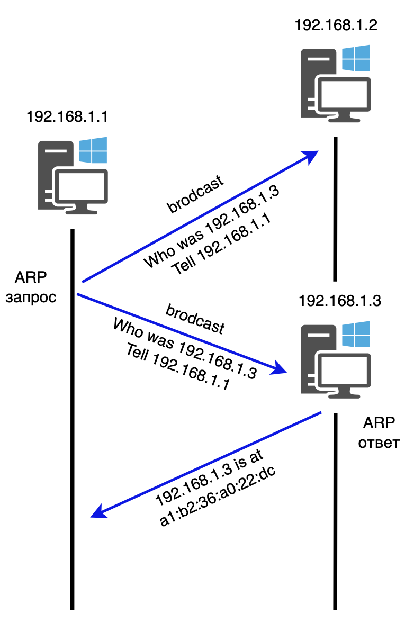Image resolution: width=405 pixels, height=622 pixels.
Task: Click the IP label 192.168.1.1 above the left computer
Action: pos(67,116)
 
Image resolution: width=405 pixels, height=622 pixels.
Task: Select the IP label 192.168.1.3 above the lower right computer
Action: pos(339,301)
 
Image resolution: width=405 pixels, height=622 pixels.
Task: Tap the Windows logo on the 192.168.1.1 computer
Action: pos(93,150)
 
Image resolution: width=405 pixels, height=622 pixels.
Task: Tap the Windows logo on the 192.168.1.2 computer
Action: pos(356,58)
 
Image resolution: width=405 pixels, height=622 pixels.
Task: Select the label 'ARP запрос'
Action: pos(31,287)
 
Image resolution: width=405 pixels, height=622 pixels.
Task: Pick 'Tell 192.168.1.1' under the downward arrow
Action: pos(178,368)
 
